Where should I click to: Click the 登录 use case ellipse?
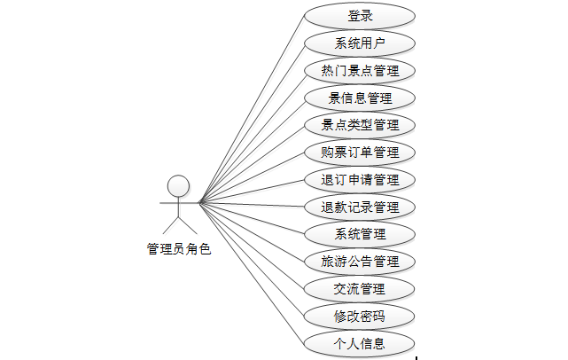tap(360, 15)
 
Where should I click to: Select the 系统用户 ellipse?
tap(360, 43)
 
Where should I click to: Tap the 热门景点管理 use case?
tap(360, 70)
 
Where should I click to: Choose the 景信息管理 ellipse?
tap(360, 98)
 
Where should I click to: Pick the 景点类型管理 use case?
tap(360, 125)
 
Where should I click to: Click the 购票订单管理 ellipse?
tap(360, 153)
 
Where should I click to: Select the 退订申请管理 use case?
tap(360, 180)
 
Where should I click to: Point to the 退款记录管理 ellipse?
tap(360, 207)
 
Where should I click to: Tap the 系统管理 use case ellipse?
tap(360, 234)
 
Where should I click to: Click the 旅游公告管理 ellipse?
tap(360, 262)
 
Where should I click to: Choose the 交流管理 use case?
tap(360, 288)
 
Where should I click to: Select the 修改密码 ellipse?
tap(360, 316)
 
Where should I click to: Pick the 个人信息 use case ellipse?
tap(360, 342)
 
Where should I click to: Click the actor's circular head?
tap(179, 185)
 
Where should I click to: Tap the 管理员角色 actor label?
tap(179, 250)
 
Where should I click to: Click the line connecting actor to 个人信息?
tap(253, 272)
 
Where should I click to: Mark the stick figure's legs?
tap(179, 225)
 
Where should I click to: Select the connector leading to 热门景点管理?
tap(253, 136)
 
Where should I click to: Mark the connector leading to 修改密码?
tap(253, 259)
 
